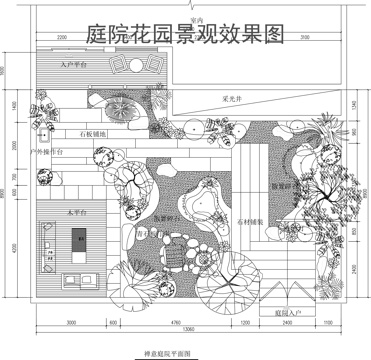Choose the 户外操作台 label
tap(48, 152)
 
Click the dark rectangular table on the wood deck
tap(81, 240)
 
